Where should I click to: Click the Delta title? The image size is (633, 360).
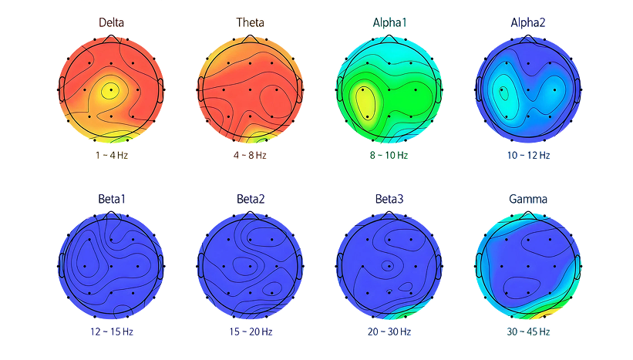pos(112,22)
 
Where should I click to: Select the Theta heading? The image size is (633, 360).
pos(251,22)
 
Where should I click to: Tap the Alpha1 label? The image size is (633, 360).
pos(389,22)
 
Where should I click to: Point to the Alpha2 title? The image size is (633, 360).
pos(528,22)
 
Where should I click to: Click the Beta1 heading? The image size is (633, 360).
pos(112,199)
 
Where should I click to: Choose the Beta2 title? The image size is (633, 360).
pos(251,199)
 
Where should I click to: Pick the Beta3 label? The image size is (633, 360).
pos(389,199)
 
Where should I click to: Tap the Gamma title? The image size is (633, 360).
pos(528,199)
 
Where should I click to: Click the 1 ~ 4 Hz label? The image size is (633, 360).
pos(112,156)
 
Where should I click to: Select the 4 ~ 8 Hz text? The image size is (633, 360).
pos(251,156)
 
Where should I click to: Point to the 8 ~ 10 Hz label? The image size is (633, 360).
pos(389,156)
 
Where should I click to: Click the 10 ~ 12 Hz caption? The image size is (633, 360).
pos(528,156)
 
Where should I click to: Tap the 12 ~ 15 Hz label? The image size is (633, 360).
pos(112,331)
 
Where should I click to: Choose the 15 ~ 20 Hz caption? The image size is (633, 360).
pos(251,331)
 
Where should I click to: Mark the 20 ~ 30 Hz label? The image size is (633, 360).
pos(389,331)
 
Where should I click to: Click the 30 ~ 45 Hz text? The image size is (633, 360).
pos(528,331)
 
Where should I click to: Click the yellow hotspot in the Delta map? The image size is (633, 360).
pos(109,90)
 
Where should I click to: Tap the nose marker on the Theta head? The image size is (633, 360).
pos(251,39)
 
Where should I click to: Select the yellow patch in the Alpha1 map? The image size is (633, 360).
pos(365,104)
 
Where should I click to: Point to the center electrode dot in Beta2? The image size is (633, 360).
pos(251,267)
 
